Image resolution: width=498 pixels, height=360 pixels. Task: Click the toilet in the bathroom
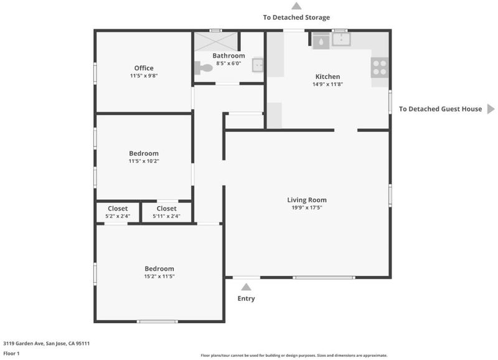pos(204,67)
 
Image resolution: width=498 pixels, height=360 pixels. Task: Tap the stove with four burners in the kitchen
pos(380,68)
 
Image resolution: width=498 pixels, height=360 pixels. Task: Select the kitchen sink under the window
pos(341,39)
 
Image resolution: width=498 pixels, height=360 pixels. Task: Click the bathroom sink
pos(258,65)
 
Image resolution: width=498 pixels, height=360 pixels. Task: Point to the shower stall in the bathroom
pos(216,41)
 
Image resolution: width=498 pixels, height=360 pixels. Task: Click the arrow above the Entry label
pos(246,287)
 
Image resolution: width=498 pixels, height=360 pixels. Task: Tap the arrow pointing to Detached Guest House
pos(491,109)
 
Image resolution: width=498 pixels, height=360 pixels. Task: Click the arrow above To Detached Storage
pos(296,6)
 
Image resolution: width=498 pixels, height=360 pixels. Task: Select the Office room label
pos(144,68)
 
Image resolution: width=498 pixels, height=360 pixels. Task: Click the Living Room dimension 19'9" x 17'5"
pos(307,207)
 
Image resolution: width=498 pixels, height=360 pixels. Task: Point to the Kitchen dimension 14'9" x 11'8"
pos(328,84)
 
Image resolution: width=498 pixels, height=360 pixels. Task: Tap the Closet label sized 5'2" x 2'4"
pos(118,209)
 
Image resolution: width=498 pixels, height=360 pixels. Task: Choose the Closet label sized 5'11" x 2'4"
pos(166,209)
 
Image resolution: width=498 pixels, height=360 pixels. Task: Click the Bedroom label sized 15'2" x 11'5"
pos(159,268)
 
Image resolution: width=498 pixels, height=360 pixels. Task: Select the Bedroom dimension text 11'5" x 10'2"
pos(144,161)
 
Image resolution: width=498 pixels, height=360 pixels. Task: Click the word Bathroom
pos(228,55)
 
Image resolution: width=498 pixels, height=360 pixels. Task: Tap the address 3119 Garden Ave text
pos(46,343)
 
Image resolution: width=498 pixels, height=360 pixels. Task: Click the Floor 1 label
pos(11,353)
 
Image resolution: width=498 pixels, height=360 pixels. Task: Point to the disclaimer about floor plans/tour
pos(294,355)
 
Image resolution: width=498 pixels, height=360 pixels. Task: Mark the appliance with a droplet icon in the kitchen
pos(321,42)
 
